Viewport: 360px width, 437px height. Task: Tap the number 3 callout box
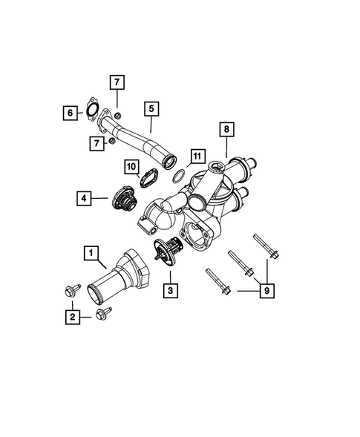171,290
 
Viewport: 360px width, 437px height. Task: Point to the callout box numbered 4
85,198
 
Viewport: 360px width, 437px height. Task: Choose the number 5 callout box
151,109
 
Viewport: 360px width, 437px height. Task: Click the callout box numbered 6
71,112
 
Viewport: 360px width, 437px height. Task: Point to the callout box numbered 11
195,156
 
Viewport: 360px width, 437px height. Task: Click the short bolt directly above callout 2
71,292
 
